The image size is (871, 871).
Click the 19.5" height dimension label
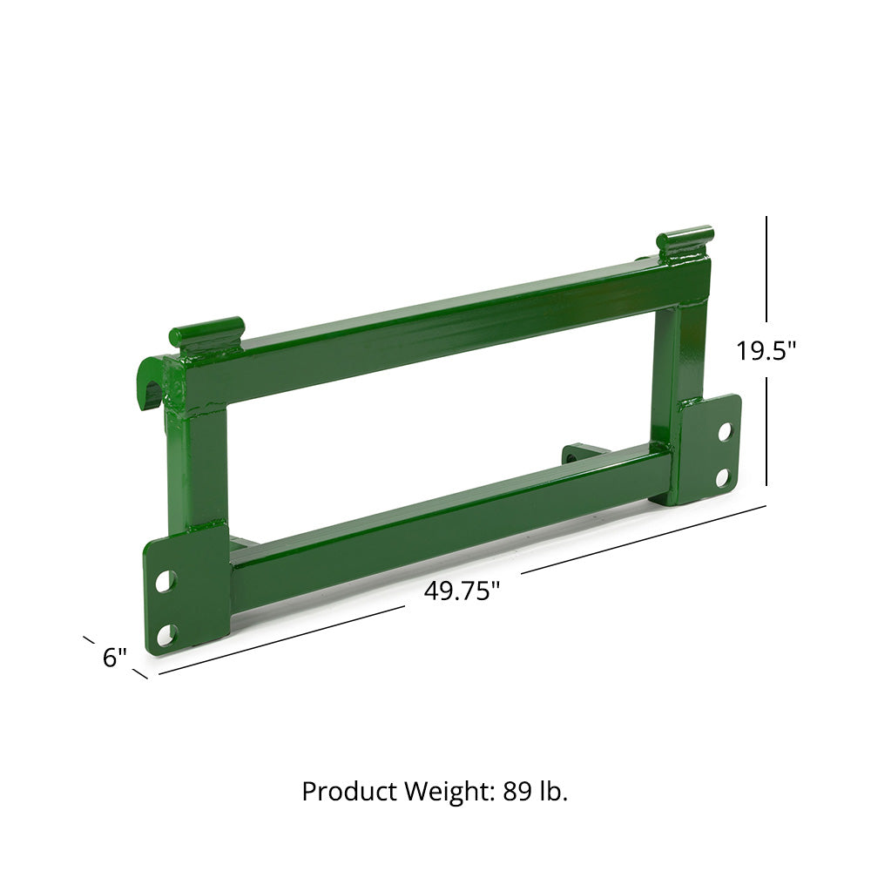pyautogui.click(x=766, y=351)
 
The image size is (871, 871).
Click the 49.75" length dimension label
pyautogui.click(x=462, y=591)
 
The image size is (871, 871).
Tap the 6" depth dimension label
pyautogui.click(x=115, y=658)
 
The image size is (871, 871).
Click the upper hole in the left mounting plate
pyautogui.click(x=165, y=577)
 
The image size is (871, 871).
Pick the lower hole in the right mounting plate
pyautogui.click(x=722, y=476)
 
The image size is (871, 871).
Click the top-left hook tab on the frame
pyautogui.click(x=207, y=334)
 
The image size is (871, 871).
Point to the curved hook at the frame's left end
pyautogui.click(x=152, y=383)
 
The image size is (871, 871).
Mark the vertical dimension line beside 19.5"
pyautogui.click(x=767, y=279)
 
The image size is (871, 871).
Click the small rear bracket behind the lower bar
pyautogui.click(x=579, y=454)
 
